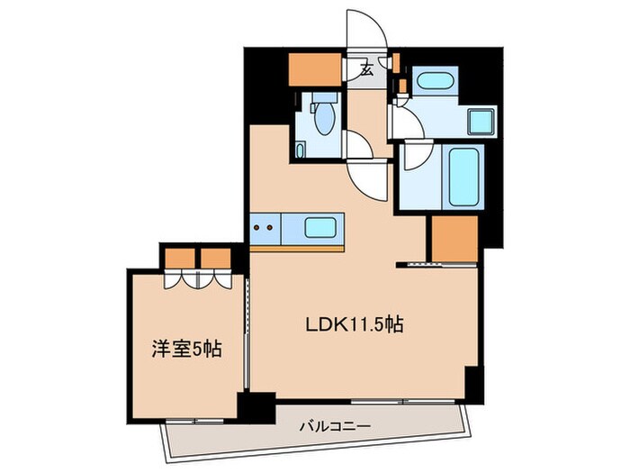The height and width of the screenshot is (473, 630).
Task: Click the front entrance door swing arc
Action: [369, 32]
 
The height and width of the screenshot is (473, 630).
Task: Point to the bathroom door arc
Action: [416, 159]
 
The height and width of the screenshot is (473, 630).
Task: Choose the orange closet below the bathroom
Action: [454, 239]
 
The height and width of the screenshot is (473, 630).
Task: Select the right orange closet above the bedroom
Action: [214, 258]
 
